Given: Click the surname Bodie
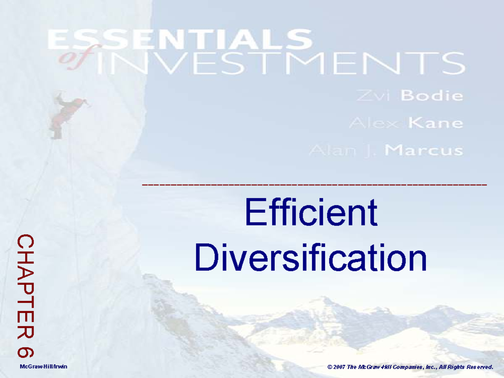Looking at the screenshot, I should click(432, 96).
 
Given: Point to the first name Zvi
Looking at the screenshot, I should click(375, 96).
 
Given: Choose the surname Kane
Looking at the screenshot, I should click(436, 123).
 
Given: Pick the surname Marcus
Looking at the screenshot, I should click(424, 150).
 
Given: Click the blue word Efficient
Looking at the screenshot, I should click(311, 213).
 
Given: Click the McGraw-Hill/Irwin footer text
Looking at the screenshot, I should click(43, 367).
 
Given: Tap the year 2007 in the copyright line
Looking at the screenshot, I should click(340, 367).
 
